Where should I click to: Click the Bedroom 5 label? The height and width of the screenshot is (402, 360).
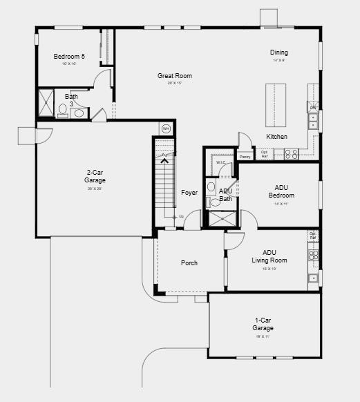pyautogui.click(x=69, y=57)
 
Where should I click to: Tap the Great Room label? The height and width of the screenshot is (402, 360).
pyautogui.click(x=174, y=76)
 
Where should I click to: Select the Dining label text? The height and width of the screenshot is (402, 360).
pyautogui.click(x=279, y=52)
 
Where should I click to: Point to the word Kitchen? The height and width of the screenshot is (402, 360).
pyautogui.click(x=276, y=137)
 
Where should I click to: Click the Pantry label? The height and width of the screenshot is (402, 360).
pyautogui.click(x=245, y=157)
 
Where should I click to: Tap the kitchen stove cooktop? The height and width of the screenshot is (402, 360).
pyautogui.click(x=291, y=154)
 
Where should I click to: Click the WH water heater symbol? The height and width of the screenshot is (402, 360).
pyautogui.click(x=165, y=128)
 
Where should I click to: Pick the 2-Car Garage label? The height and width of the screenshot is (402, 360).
pyautogui.click(x=95, y=176)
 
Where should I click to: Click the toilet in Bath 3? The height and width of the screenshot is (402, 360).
pyautogui.click(x=63, y=109)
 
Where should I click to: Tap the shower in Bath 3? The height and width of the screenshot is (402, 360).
pyautogui.click(x=46, y=103)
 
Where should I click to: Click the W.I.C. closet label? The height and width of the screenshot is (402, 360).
pyautogui.click(x=220, y=163)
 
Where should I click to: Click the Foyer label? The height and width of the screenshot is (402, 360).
pyautogui.click(x=189, y=193)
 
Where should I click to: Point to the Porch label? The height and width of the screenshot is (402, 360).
pyautogui.click(x=189, y=263)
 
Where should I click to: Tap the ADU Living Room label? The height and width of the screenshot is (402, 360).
pyautogui.click(x=274, y=256)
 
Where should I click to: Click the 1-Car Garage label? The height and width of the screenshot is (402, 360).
pyautogui.click(x=263, y=324)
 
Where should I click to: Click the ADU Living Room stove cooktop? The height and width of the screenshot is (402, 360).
pyautogui.click(x=314, y=255)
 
